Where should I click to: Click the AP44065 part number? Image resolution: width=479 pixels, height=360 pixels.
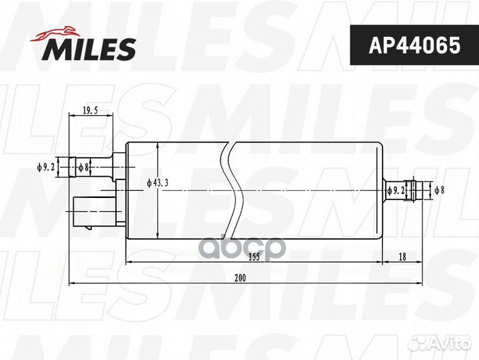pos(414,45)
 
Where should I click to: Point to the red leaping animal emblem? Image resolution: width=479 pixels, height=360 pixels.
pos(55,33)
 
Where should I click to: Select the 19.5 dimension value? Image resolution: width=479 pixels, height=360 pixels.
pos(90,110)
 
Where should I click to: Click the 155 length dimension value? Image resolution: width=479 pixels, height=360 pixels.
pos(254,257)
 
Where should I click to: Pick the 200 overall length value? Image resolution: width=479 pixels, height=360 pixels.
pos(240,278)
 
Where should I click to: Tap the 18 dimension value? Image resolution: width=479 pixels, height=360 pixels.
pos(402,257)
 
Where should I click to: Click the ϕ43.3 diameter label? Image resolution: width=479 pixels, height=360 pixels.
pos(157,183)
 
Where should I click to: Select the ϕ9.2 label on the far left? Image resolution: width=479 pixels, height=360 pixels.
pos(45,167)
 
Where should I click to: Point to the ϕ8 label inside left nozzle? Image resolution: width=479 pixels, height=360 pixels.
pos(83,167)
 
